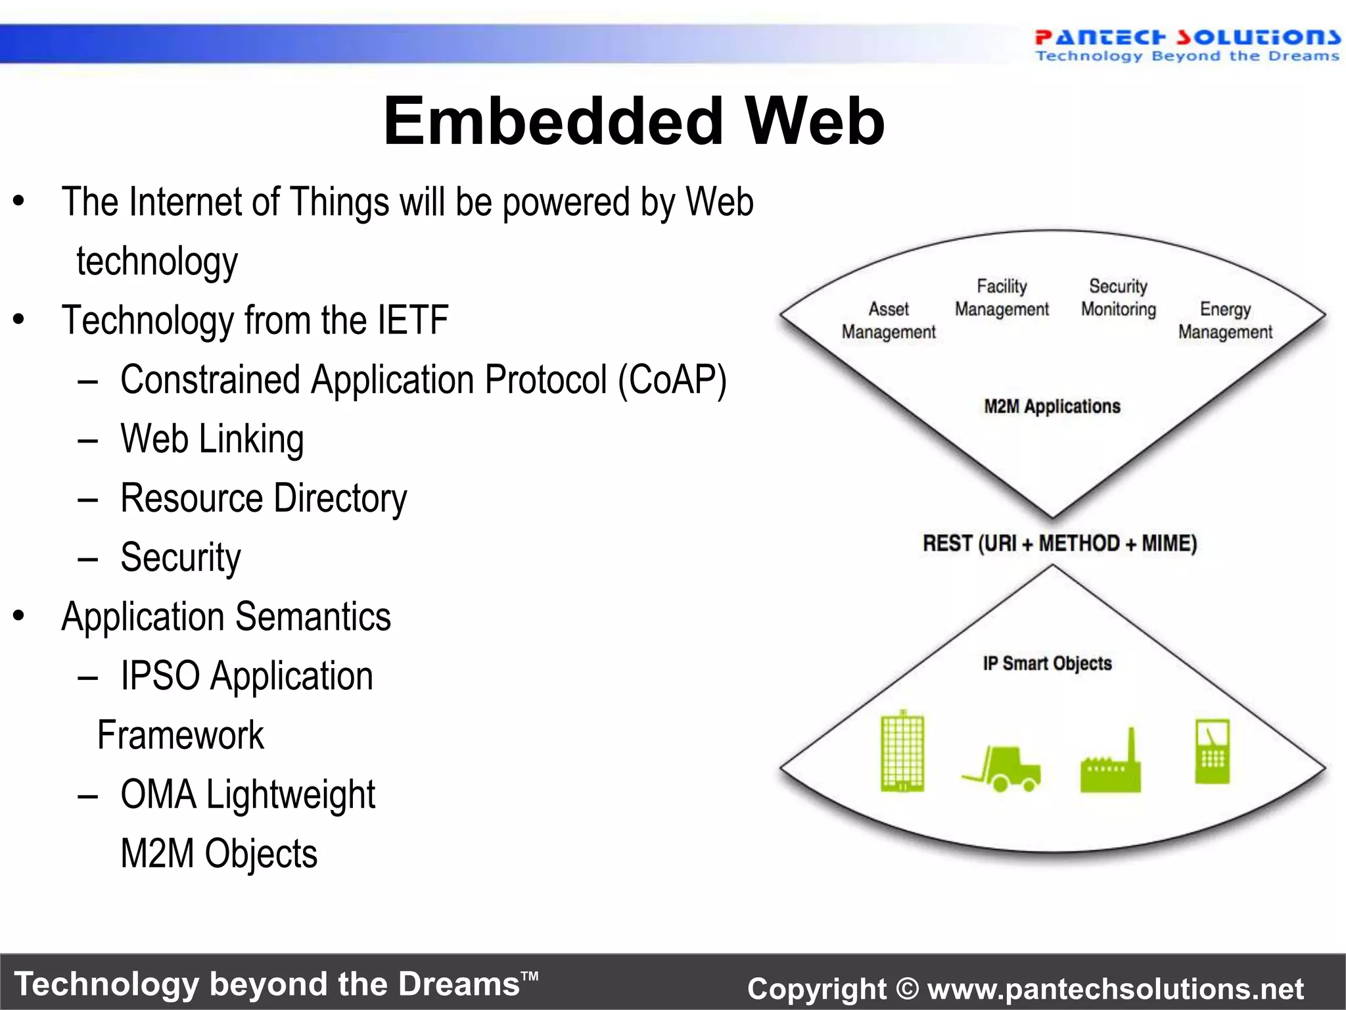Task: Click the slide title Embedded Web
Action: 634,121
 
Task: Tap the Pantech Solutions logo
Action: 1187,45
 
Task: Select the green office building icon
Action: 902,752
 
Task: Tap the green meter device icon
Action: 1212,752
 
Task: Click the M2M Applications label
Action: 1052,406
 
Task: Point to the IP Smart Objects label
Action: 1047,663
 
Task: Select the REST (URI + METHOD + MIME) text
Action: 1059,544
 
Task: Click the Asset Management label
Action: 889,320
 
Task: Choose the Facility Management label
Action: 1002,298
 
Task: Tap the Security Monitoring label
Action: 1118,298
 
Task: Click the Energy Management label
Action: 1225,320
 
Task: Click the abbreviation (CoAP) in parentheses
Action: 672,380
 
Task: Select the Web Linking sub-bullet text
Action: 212,439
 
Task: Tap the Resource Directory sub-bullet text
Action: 264,498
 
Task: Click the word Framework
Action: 180,735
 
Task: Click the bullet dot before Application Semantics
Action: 18,616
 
